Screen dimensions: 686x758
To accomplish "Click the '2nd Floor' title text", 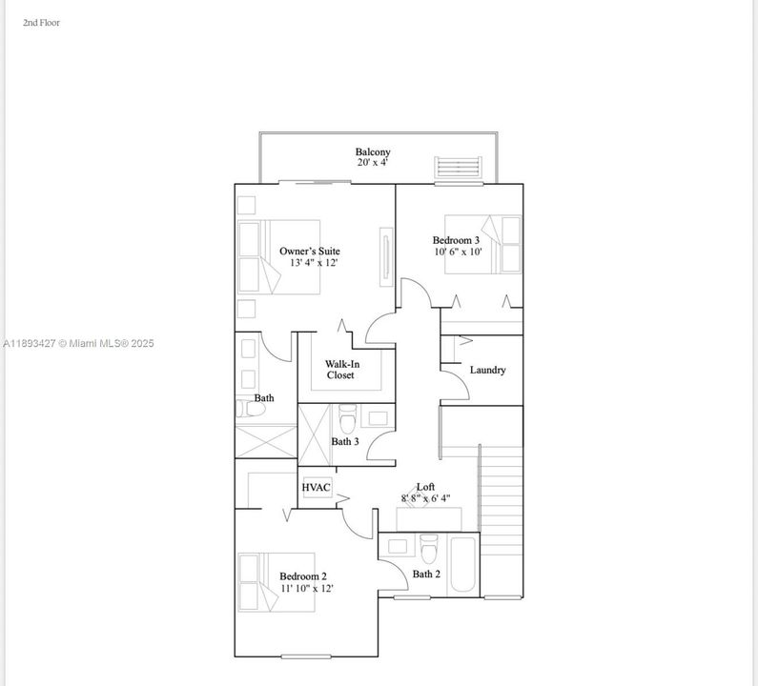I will click(41, 22).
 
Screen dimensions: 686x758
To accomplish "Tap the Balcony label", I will click(373, 152).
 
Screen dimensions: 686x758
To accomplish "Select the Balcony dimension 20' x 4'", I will click(373, 163).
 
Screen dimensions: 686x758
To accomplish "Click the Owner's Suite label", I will click(310, 252).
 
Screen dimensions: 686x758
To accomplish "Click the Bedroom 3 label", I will click(456, 241).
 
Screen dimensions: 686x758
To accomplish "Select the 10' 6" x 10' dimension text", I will click(458, 252).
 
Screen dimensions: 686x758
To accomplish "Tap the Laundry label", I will click(487, 370).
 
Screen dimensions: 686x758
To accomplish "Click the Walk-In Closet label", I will click(340, 370).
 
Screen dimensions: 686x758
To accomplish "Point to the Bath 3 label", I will click(345, 442).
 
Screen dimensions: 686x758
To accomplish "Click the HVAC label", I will click(317, 488).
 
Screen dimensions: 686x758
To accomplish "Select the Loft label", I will click(425, 487).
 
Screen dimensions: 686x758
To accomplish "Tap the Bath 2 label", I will click(426, 575).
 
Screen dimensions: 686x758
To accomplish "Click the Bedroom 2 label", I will click(303, 576).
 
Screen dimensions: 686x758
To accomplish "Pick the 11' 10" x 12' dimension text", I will click(306, 589).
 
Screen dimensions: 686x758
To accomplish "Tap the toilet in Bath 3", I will click(348, 416).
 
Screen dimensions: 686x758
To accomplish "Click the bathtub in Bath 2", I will click(463, 565).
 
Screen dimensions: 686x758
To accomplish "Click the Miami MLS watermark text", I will click(78, 344).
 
